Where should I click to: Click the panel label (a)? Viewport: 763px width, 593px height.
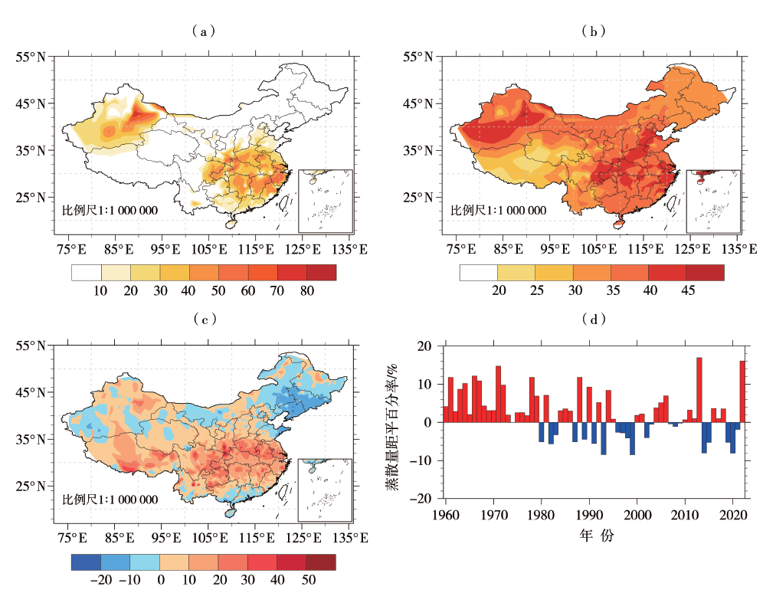pos(202,31)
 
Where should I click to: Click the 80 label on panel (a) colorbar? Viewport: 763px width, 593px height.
pos(306,292)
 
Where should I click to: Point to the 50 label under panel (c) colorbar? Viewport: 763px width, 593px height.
pos(308,581)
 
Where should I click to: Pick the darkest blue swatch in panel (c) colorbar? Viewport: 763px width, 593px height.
pos(86,562)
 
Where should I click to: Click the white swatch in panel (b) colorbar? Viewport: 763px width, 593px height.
pos(479,272)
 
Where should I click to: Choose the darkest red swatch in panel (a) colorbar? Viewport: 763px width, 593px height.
pos(322,272)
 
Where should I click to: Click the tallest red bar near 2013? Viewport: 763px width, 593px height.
pos(699,390)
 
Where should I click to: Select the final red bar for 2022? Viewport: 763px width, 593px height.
pos(742,392)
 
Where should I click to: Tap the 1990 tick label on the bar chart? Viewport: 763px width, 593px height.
pos(590,513)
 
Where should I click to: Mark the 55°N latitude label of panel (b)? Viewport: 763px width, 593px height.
pos(418,57)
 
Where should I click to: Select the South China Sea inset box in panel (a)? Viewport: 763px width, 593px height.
pos(326,200)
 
